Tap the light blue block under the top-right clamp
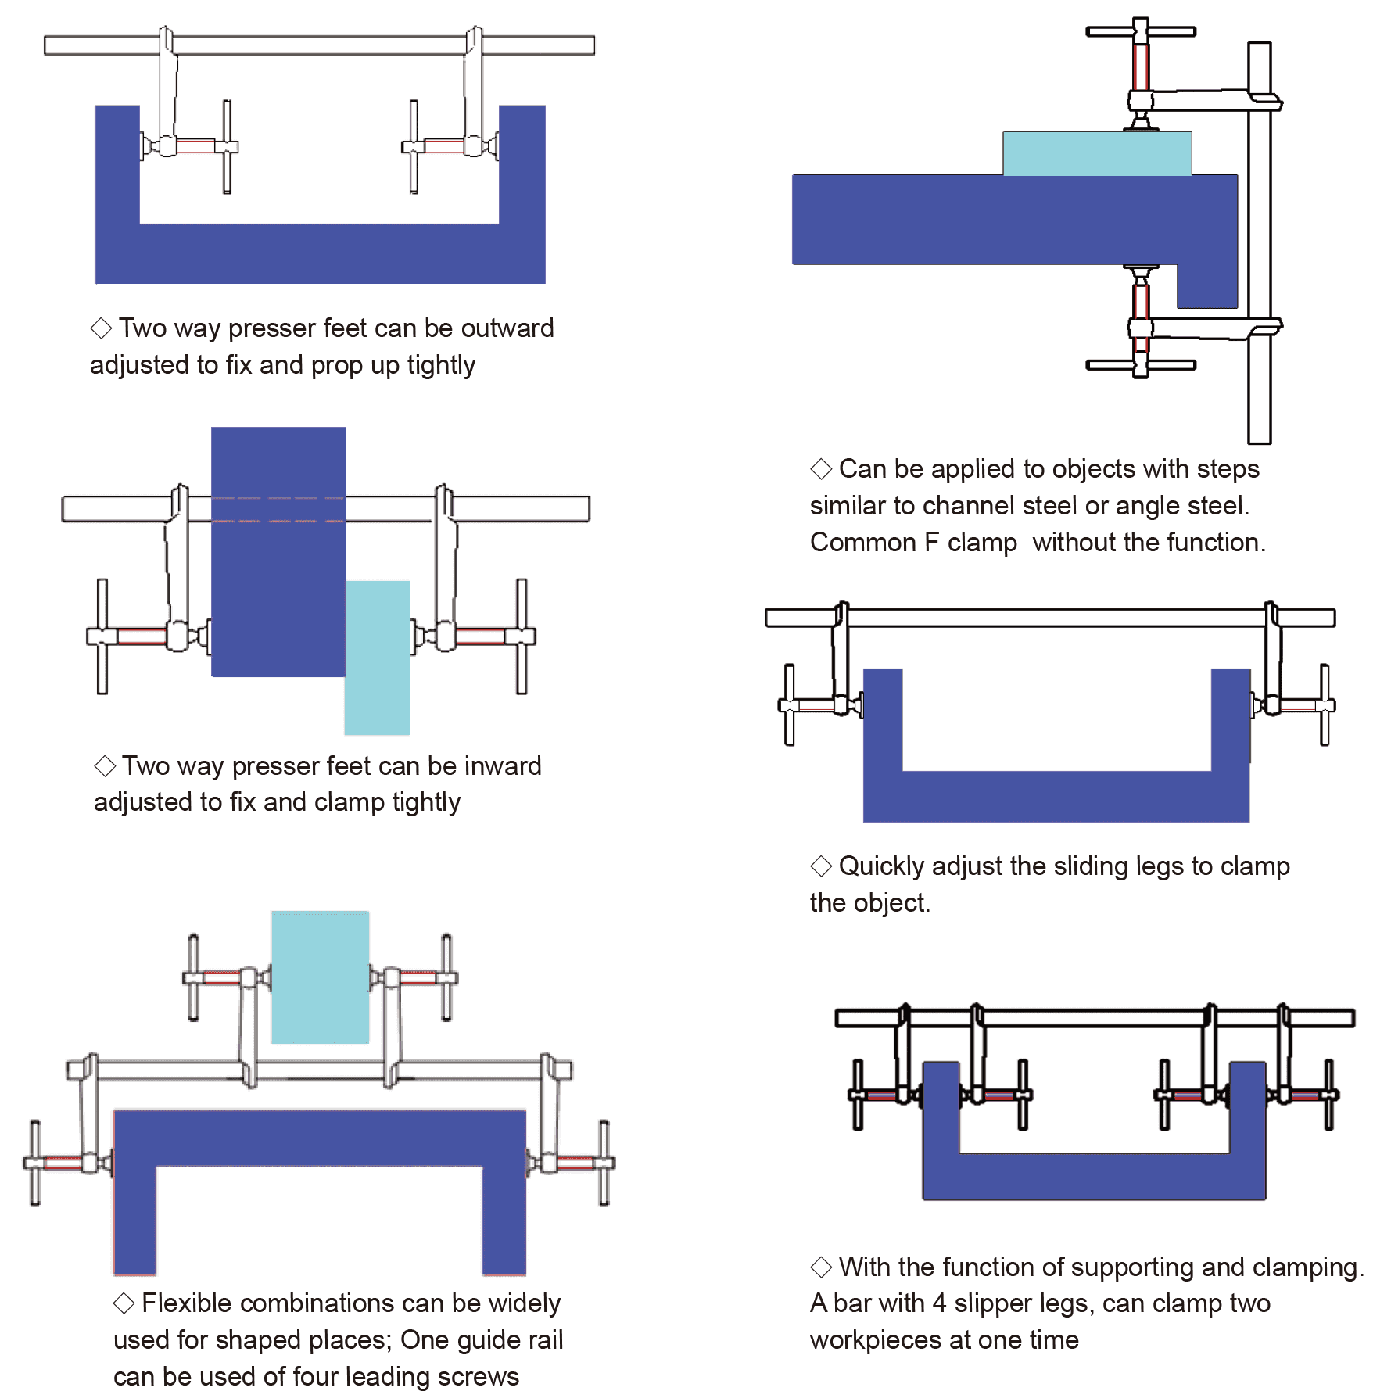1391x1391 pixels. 1096,153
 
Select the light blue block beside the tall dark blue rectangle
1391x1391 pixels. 378,657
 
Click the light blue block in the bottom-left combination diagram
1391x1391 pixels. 320,977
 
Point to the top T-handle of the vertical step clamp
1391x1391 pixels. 1140,31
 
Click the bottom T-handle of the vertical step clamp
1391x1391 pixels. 1140,365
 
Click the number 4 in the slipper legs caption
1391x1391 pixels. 939,1303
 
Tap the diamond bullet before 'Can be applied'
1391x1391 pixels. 820,469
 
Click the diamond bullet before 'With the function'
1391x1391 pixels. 820,1267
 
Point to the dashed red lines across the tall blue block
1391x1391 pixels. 278,509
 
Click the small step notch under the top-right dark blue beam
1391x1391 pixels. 1206,286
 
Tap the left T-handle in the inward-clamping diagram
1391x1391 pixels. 102,636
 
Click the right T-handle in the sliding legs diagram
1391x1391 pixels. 1325,704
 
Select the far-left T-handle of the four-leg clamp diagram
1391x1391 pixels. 858,1095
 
